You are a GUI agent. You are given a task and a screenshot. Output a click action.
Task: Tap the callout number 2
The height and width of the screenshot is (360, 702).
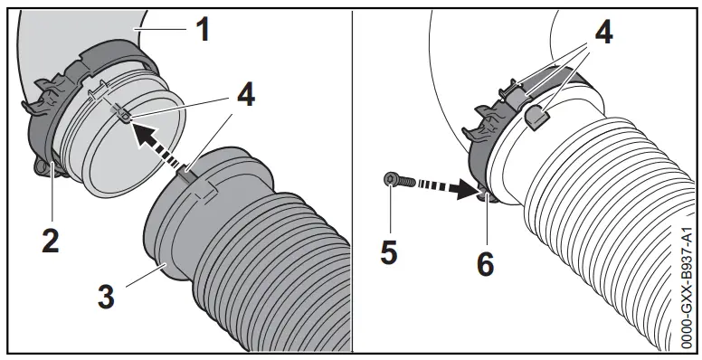coord(52,240)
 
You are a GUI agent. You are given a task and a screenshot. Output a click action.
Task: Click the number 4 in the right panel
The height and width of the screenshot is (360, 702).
coord(603,33)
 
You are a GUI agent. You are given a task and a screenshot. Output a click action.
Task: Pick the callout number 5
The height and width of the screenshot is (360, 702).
coord(388,252)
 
